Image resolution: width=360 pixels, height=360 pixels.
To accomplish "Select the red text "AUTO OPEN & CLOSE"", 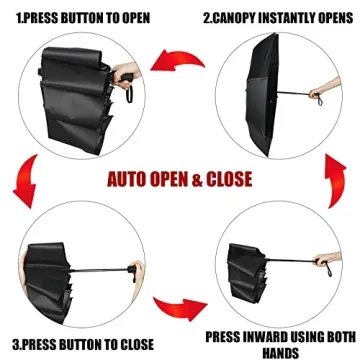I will pyautogui.click(x=180, y=180).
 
